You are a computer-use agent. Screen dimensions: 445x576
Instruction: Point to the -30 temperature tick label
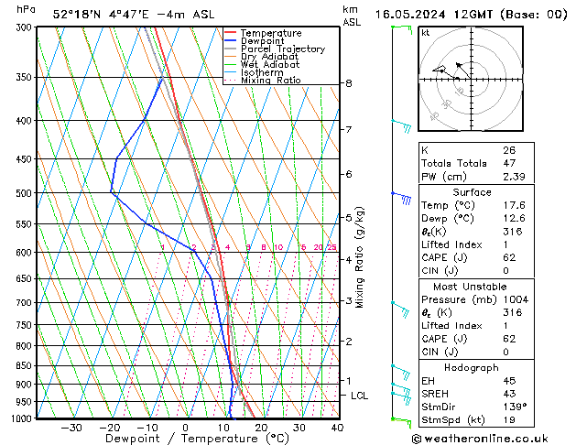71,428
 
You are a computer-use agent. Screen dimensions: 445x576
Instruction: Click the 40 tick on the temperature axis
337,428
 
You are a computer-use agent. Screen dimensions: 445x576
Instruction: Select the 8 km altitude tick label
348,83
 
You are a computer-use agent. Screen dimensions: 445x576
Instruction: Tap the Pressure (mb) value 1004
513,299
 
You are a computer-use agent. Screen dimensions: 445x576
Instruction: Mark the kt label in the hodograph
426,33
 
